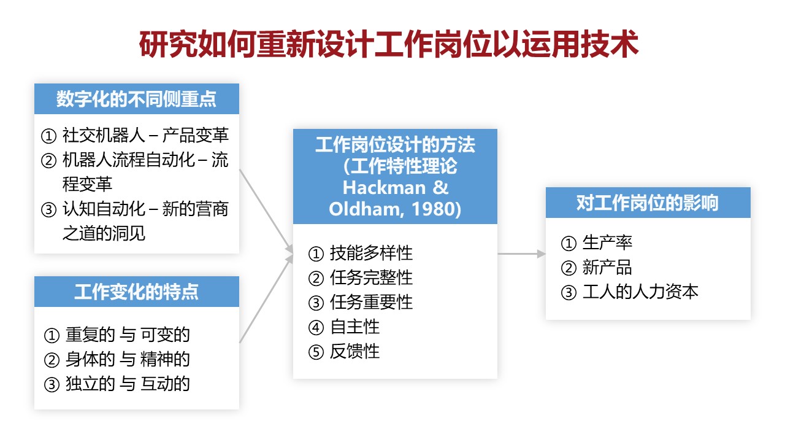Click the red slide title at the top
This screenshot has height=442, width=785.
point(389,44)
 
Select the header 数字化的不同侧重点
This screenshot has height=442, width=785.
point(136,99)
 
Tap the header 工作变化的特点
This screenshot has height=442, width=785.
point(136,292)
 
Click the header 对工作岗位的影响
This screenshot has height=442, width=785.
point(648,203)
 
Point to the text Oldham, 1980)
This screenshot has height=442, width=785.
point(395,209)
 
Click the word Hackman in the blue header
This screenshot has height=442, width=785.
point(384,188)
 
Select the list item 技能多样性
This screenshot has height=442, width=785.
point(371,254)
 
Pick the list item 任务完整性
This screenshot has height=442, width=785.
point(371,278)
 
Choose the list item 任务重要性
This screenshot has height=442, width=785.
point(371,303)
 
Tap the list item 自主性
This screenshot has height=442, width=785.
point(354,327)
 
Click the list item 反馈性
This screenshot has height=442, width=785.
point(354,352)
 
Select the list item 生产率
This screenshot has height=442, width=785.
point(607,242)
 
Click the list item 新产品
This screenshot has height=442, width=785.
point(607,267)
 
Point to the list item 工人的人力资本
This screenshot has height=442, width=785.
point(640,292)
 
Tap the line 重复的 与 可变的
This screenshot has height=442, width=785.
point(128,335)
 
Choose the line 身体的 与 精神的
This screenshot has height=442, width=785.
point(128,359)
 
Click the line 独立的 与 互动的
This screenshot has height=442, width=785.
point(128,384)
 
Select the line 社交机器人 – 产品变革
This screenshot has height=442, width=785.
point(145,135)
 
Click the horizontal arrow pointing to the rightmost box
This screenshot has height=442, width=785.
point(521,254)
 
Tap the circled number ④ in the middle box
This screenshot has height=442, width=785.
point(316,328)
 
